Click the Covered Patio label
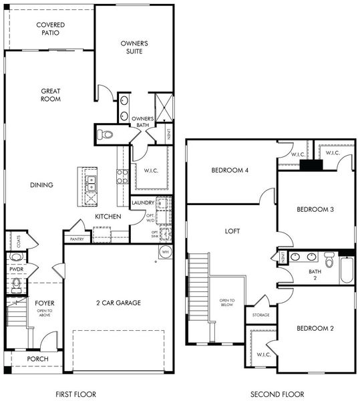click(50, 28)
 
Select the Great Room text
click(51, 95)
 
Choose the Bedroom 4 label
click(230, 170)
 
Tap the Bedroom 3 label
click(315, 209)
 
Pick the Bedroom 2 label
click(315, 328)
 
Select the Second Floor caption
click(277, 394)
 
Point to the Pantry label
click(77, 238)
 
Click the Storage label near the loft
click(260, 314)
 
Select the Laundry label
click(144, 203)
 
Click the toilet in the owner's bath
click(105, 134)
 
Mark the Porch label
click(37, 359)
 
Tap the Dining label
click(41, 185)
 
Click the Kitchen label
click(107, 217)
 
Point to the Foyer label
click(45, 303)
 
